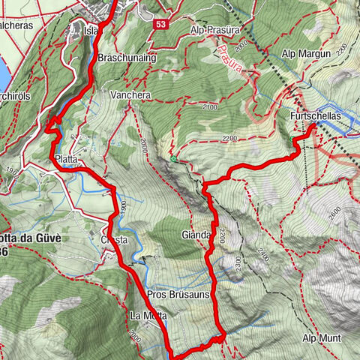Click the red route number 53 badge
[x=161, y=24]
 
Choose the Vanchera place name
[x=130, y=96]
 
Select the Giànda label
[x=196, y=235]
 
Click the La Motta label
[x=145, y=315]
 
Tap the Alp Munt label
[x=322, y=338]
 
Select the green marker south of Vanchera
[x=173, y=158]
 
